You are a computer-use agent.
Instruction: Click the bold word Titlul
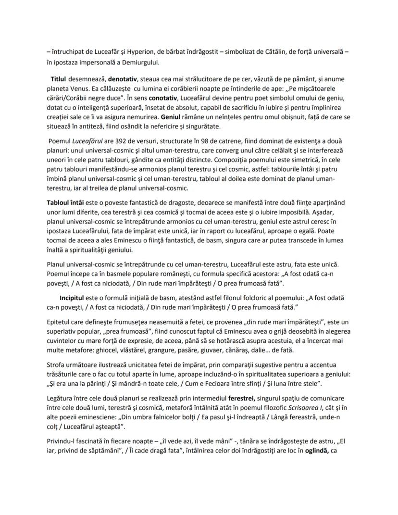click(x=58, y=78)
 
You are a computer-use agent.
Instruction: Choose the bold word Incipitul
click(x=75, y=298)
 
